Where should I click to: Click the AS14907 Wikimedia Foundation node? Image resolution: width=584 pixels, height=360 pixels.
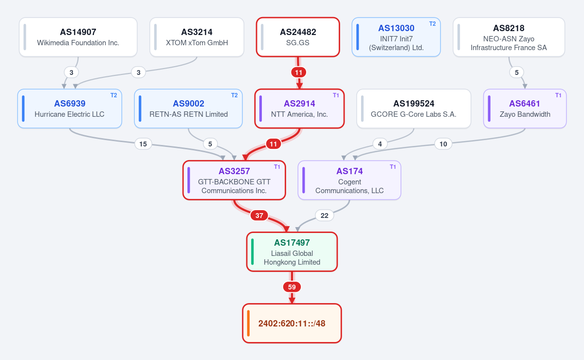click(x=78, y=37)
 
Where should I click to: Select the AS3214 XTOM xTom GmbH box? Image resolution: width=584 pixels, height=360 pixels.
click(x=197, y=37)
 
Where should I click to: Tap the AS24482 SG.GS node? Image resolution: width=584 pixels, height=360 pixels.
click(x=298, y=37)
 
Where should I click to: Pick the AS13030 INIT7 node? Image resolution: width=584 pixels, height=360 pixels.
click(x=396, y=37)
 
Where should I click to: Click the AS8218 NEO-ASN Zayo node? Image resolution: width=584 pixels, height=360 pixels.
click(x=509, y=37)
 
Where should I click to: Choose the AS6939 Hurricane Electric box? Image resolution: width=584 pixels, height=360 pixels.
click(x=70, y=108)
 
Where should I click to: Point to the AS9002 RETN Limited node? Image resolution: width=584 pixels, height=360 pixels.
click(x=188, y=108)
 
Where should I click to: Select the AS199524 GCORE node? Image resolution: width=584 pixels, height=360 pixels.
click(x=414, y=108)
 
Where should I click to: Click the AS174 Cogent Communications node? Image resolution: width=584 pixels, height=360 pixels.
click(x=349, y=180)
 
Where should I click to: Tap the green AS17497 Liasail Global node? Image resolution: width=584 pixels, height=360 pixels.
click(x=292, y=252)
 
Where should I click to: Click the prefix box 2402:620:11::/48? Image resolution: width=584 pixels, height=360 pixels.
click(x=292, y=323)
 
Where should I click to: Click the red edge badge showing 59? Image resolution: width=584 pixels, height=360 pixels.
click(x=292, y=287)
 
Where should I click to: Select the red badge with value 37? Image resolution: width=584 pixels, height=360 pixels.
click(x=259, y=216)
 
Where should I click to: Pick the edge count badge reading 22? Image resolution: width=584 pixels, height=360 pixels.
click(x=324, y=216)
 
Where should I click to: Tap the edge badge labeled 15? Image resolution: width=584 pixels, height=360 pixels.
click(x=143, y=144)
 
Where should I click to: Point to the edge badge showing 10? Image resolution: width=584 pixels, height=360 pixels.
click(x=443, y=144)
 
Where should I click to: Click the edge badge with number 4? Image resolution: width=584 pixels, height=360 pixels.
click(x=380, y=144)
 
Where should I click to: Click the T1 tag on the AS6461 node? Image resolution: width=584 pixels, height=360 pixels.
click(x=558, y=95)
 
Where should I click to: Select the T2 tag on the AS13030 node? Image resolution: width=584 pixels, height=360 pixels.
click(x=432, y=24)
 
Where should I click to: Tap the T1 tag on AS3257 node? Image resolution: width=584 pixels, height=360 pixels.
click(x=277, y=167)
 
